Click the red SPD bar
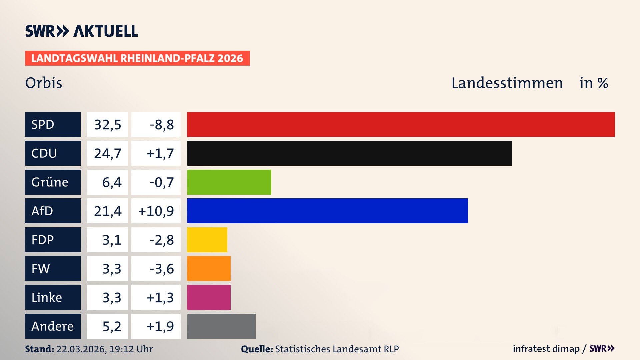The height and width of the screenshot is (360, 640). [401, 124]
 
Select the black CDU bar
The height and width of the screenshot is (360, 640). [349, 153]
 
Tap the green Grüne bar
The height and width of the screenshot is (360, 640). [229, 182]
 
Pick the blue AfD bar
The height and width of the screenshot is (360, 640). [327, 211]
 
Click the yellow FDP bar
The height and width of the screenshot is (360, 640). [207, 240]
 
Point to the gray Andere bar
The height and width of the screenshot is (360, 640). [221, 326]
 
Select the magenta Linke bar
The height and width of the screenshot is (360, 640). [209, 297]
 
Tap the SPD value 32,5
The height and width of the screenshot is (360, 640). [107, 124]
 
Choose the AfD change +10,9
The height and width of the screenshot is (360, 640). [156, 211]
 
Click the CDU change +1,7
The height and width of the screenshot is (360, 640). [160, 153]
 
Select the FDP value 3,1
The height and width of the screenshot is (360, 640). [112, 240]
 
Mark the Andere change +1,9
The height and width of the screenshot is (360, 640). [160, 326]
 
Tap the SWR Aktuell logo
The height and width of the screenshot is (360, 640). [81, 31]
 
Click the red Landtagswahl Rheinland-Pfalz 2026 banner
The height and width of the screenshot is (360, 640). [137, 58]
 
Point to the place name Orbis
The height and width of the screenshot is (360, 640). [44, 83]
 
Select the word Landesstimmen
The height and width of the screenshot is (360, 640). [507, 83]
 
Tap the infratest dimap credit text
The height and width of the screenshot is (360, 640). [546, 349]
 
